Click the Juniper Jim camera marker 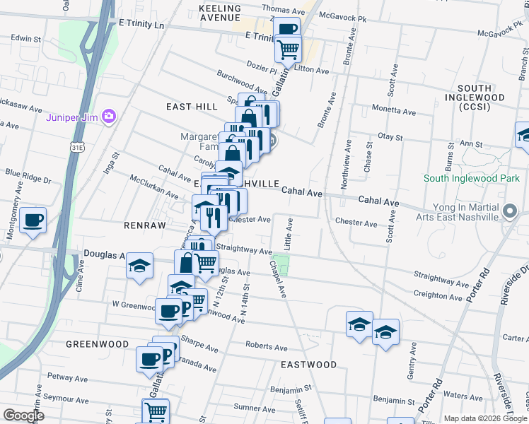(109, 116)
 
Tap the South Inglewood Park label (472, 179)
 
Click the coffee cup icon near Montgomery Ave (33, 221)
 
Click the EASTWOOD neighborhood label (308, 365)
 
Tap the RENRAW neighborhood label (144, 225)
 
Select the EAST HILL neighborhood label (192, 106)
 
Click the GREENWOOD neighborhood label (98, 344)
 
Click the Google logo (24, 415)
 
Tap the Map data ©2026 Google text (485, 418)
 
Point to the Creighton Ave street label (438, 296)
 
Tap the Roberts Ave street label (266, 347)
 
